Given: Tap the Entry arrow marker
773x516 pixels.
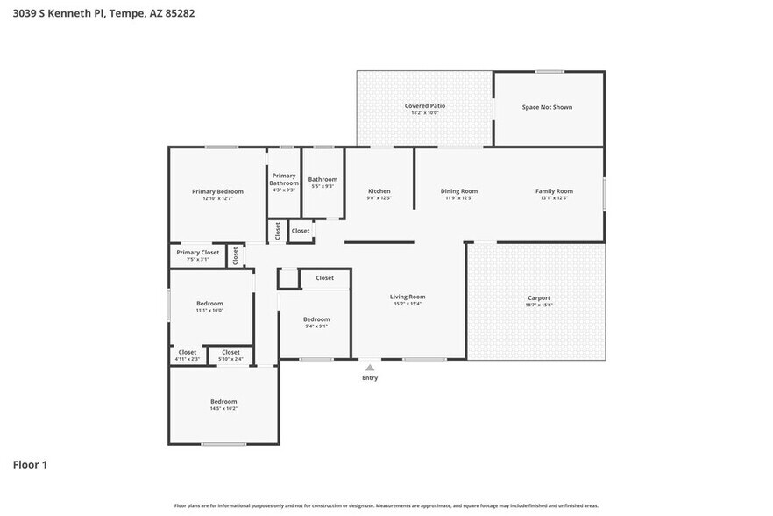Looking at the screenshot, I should tap(370, 368).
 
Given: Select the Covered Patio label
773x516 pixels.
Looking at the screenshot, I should tap(424, 105).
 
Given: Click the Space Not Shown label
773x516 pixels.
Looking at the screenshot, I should tap(547, 107).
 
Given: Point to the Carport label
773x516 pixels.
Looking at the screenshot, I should tap(538, 297).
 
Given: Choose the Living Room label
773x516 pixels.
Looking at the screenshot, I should tap(408, 297).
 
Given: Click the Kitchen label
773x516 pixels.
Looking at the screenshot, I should tap(379, 191).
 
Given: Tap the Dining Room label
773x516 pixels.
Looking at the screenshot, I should tap(458, 191).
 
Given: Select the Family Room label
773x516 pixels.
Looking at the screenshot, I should tap(554, 191).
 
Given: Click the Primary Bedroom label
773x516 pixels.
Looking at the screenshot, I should tap(217, 191).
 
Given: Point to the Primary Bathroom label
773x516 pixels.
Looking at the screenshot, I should tap(284, 179).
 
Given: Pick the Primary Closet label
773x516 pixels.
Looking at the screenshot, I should tap(197, 252).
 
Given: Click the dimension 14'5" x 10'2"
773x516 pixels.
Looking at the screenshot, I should tap(223, 408).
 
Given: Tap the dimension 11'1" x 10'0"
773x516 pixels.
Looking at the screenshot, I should tap(209, 310).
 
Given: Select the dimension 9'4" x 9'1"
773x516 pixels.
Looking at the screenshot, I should tap(316, 326).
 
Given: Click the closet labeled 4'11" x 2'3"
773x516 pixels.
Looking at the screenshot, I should tap(188, 358).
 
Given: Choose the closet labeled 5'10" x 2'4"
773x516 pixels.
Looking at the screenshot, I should tap(230, 358).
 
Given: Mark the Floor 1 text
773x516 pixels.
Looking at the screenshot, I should tap(30, 464).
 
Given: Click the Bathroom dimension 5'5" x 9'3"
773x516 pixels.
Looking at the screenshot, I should tap(322, 186).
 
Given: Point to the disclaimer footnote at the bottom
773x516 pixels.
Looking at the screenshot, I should tap(386, 505).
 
